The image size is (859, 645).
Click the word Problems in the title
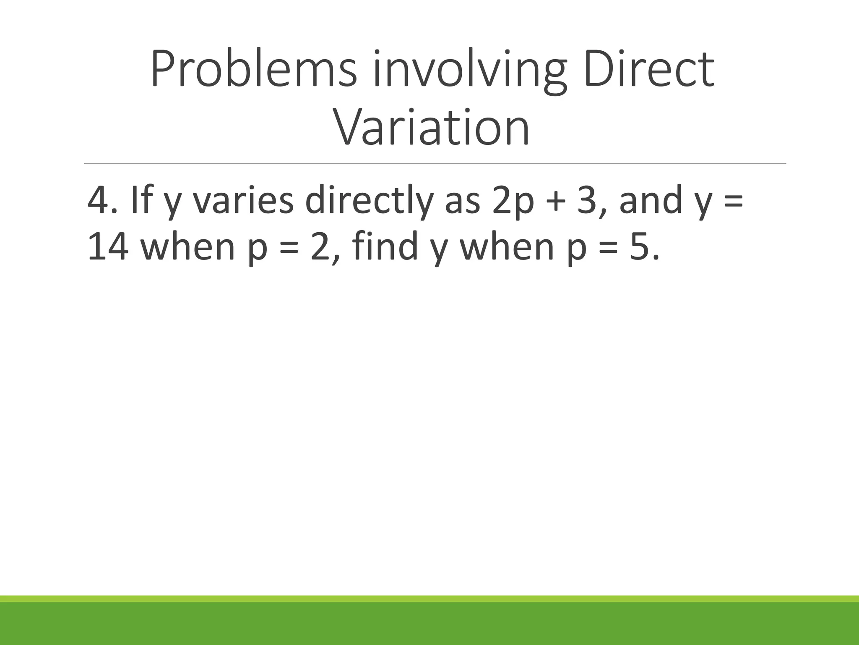(x=253, y=69)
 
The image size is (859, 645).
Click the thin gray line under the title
(x=435, y=163)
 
